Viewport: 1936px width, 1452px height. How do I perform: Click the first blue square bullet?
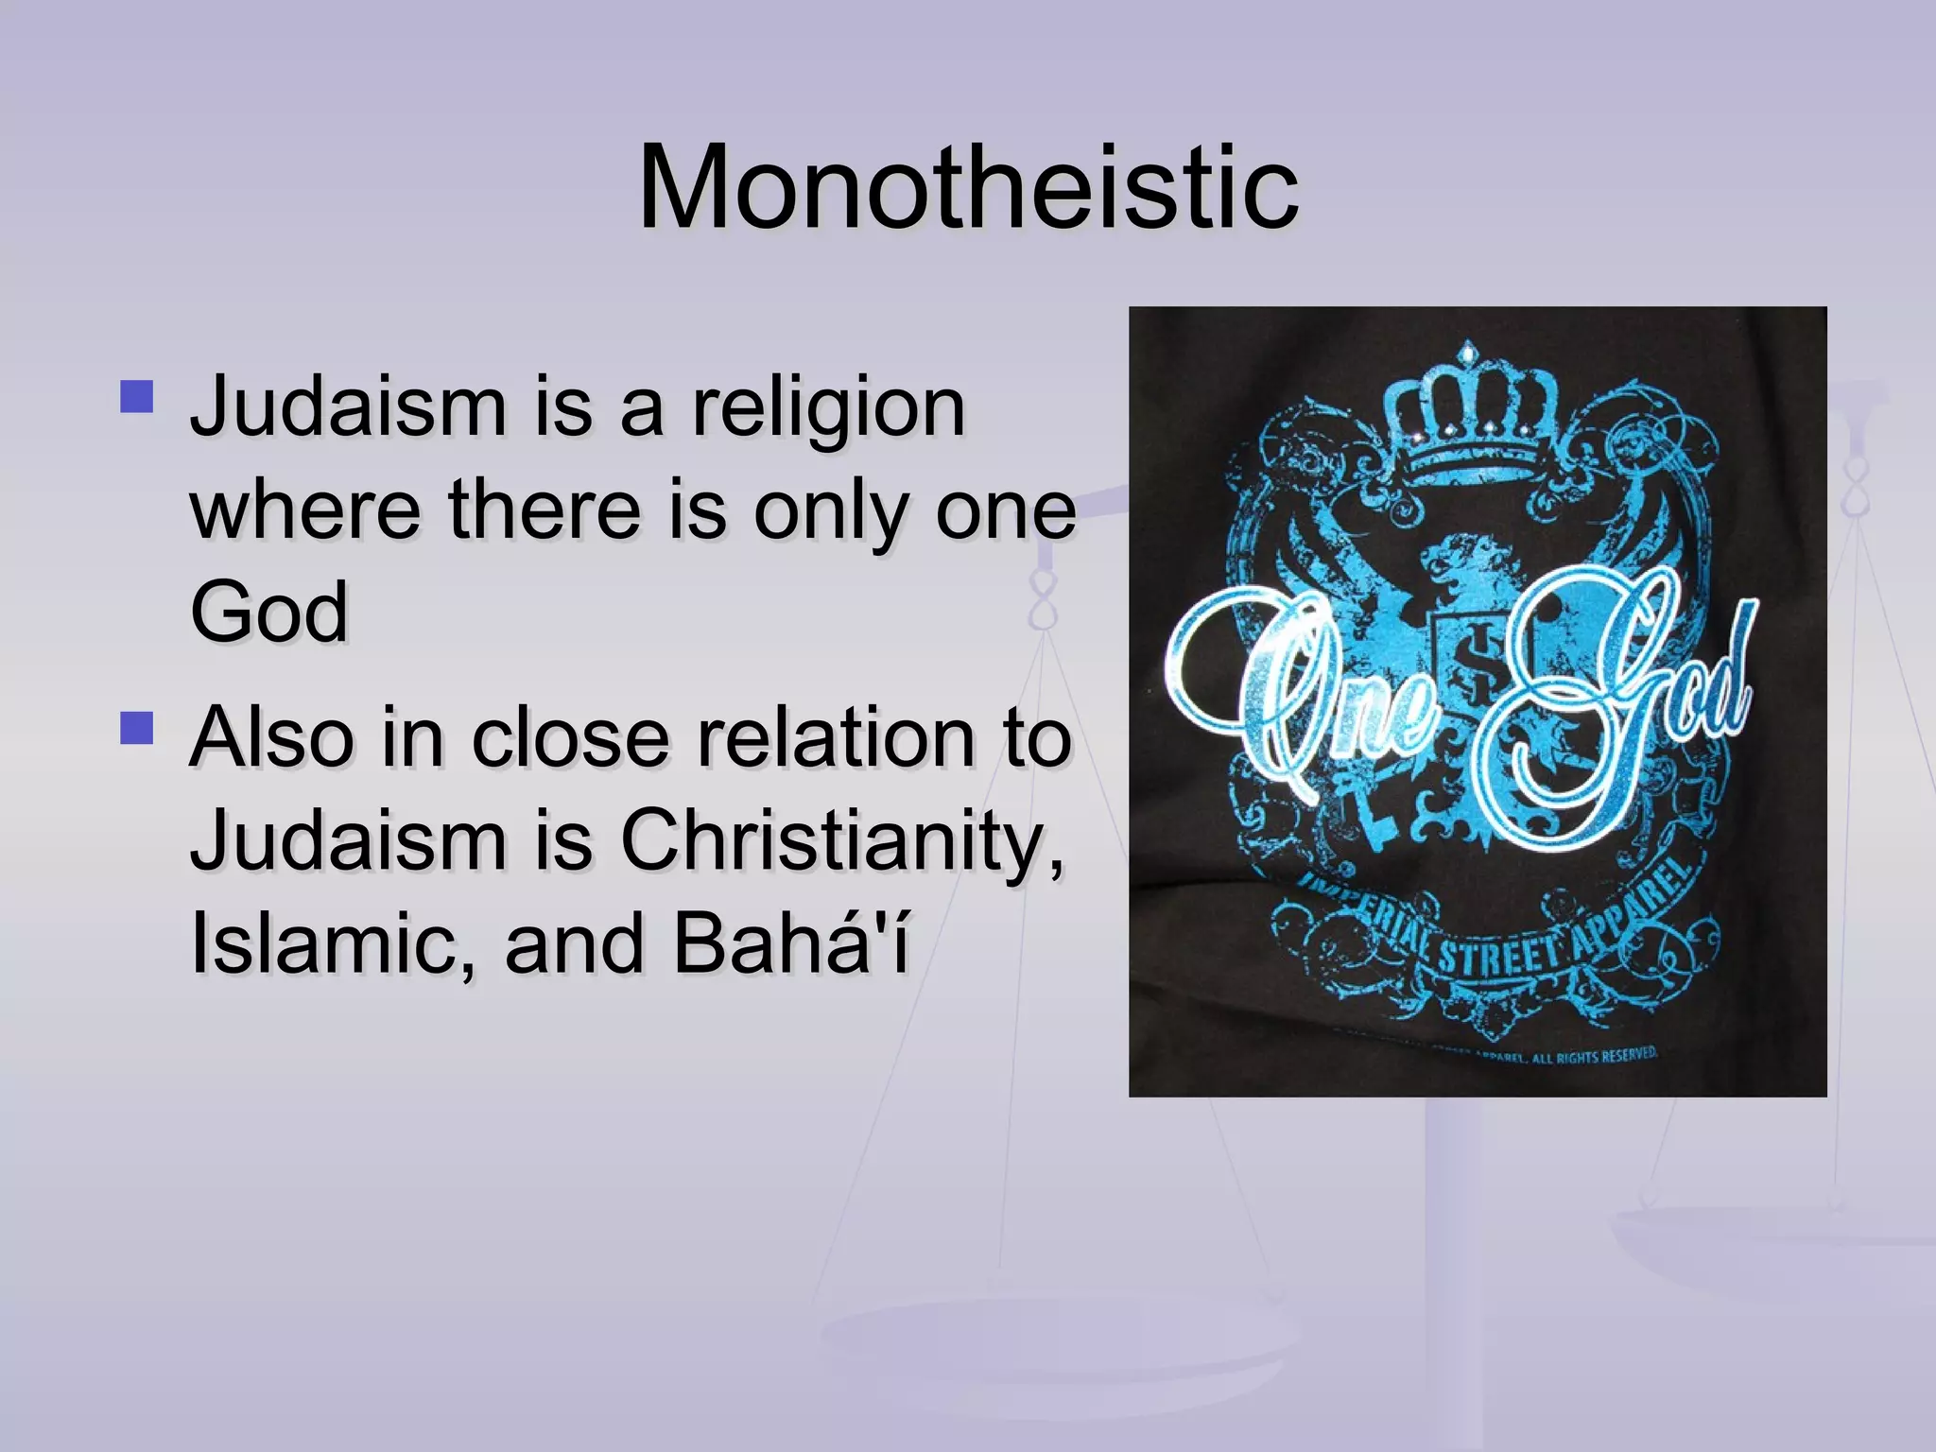pyautogui.click(x=137, y=397)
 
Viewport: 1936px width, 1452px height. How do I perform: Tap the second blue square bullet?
pyautogui.click(x=137, y=729)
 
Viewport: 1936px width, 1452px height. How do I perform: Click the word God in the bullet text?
pyautogui.click(x=269, y=613)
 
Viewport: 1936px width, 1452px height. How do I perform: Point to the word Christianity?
pyautogui.click(x=841, y=841)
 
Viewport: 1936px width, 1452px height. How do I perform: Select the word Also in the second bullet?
pyautogui.click(x=269, y=737)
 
